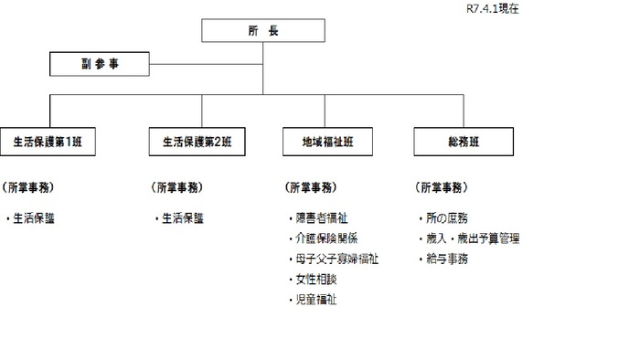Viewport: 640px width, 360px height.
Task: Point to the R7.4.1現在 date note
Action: pyautogui.click(x=493, y=8)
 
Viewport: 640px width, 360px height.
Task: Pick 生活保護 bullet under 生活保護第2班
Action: pyautogui.click(x=182, y=218)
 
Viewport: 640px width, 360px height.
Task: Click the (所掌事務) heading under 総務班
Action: pyautogui.click(x=443, y=187)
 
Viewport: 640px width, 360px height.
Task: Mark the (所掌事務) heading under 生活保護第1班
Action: pyautogui.click(x=28, y=187)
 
